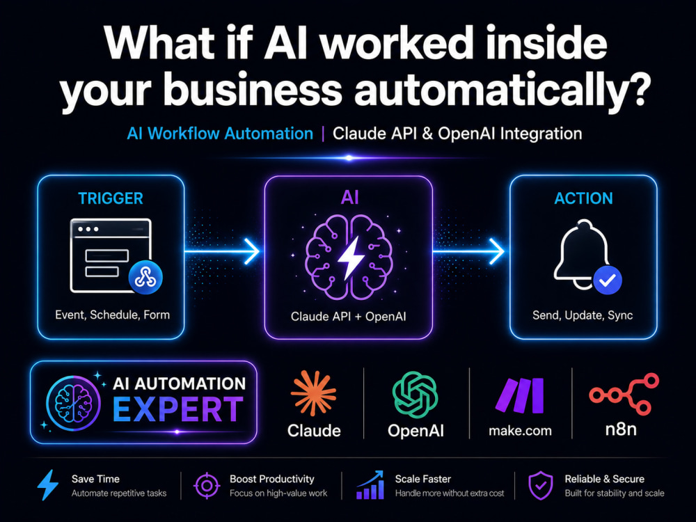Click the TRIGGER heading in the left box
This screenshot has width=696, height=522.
tap(111, 198)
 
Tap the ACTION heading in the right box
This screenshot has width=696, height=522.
tap(583, 198)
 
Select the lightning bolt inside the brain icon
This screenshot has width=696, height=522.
tap(351, 258)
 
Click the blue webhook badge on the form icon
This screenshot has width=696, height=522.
tap(145, 278)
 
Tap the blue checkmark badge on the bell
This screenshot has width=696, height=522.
tap(607, 280)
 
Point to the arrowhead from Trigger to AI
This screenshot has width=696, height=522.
tap(253, 252)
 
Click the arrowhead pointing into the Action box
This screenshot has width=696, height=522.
tap(497, 252)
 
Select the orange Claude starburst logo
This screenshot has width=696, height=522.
tap(313, 393)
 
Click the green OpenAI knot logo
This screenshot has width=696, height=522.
tap(415, 395)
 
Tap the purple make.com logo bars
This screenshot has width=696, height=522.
tap(520, 395)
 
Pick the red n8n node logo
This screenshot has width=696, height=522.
tap(624, 394)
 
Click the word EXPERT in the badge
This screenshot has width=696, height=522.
tap(177, 409)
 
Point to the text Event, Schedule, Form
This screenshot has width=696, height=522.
tap(112, 315)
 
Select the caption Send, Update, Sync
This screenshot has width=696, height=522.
tap(583, 315)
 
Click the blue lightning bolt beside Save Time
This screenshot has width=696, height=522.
tap(48, 485)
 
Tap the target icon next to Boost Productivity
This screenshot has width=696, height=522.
tap(207, 486)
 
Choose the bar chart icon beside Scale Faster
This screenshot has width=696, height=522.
tap(370, 484)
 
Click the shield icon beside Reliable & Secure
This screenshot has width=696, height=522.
tap(541, 486)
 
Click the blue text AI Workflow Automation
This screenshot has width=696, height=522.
tap(220, 134)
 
